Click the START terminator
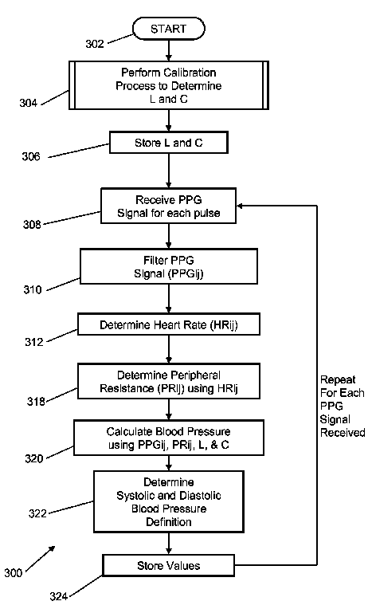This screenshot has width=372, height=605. (x=168, y=29)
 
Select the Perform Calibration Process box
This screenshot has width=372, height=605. (x=168, y=85)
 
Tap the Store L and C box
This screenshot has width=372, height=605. (x=168, y=143)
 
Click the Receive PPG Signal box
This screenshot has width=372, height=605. (x=168, y=206)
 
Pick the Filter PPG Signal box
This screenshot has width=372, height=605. (x=168, y=266)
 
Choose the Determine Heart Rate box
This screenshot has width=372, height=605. (x=168, y=324)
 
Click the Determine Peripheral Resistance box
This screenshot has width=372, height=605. (x=168, y=381)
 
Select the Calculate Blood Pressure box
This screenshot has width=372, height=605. (x=168, y=438)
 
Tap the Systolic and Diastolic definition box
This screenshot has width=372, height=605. (x=168, y=501)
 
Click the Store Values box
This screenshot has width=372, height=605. (x=168, y=566)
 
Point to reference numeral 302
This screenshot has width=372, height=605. (x=95, y=44)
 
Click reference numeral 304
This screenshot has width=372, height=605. (x=29, y=103)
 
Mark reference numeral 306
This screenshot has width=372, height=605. (x=31, y=156)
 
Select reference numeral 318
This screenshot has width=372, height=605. (x=36, y=402)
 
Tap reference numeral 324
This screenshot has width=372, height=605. (x=59, y=596)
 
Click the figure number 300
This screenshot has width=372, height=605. (x=13, y=573)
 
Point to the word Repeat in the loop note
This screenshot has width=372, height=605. (x=338, y=379)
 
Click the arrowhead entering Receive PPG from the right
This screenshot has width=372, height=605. (x=239, y=206)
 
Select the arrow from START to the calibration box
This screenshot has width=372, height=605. (x=168, y=50)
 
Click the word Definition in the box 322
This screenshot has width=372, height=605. (x=168, y=522)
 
